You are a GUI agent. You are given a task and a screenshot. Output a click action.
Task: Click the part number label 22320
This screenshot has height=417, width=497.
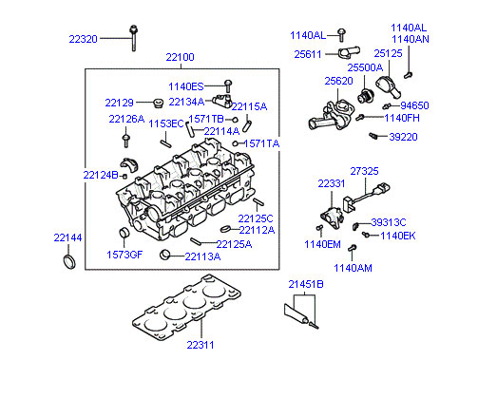83,39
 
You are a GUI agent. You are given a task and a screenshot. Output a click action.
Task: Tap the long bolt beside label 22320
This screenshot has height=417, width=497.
133,38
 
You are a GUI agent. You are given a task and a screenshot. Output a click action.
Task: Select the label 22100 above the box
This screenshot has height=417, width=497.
180,57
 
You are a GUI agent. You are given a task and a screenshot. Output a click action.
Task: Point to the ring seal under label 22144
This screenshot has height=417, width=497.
69,262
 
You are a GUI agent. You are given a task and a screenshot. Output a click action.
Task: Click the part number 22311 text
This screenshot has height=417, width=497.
201,345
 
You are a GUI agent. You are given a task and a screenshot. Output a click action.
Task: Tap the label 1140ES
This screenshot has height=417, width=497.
185,86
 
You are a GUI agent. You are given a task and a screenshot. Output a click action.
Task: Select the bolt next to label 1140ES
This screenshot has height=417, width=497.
227,86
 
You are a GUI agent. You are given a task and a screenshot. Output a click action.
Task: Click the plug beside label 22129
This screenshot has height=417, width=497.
158,103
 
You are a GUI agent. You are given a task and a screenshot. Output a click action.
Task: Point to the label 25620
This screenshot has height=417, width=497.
338,81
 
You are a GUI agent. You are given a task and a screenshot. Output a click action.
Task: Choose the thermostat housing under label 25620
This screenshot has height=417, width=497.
331,115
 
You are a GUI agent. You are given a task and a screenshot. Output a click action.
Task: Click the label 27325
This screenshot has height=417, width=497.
364,171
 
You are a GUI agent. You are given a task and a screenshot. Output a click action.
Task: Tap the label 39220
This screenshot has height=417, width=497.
403,137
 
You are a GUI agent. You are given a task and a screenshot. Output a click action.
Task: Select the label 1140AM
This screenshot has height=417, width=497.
353,268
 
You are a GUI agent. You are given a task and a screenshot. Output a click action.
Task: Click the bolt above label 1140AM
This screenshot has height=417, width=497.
353,248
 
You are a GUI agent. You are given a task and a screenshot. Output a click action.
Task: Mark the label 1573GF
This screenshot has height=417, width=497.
124,255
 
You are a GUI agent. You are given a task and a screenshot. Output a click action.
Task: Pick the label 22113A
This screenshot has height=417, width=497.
202,256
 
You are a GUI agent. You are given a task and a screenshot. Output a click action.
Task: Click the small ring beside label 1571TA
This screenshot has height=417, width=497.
235,143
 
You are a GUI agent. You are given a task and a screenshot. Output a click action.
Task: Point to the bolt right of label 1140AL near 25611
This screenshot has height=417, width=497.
341,35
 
